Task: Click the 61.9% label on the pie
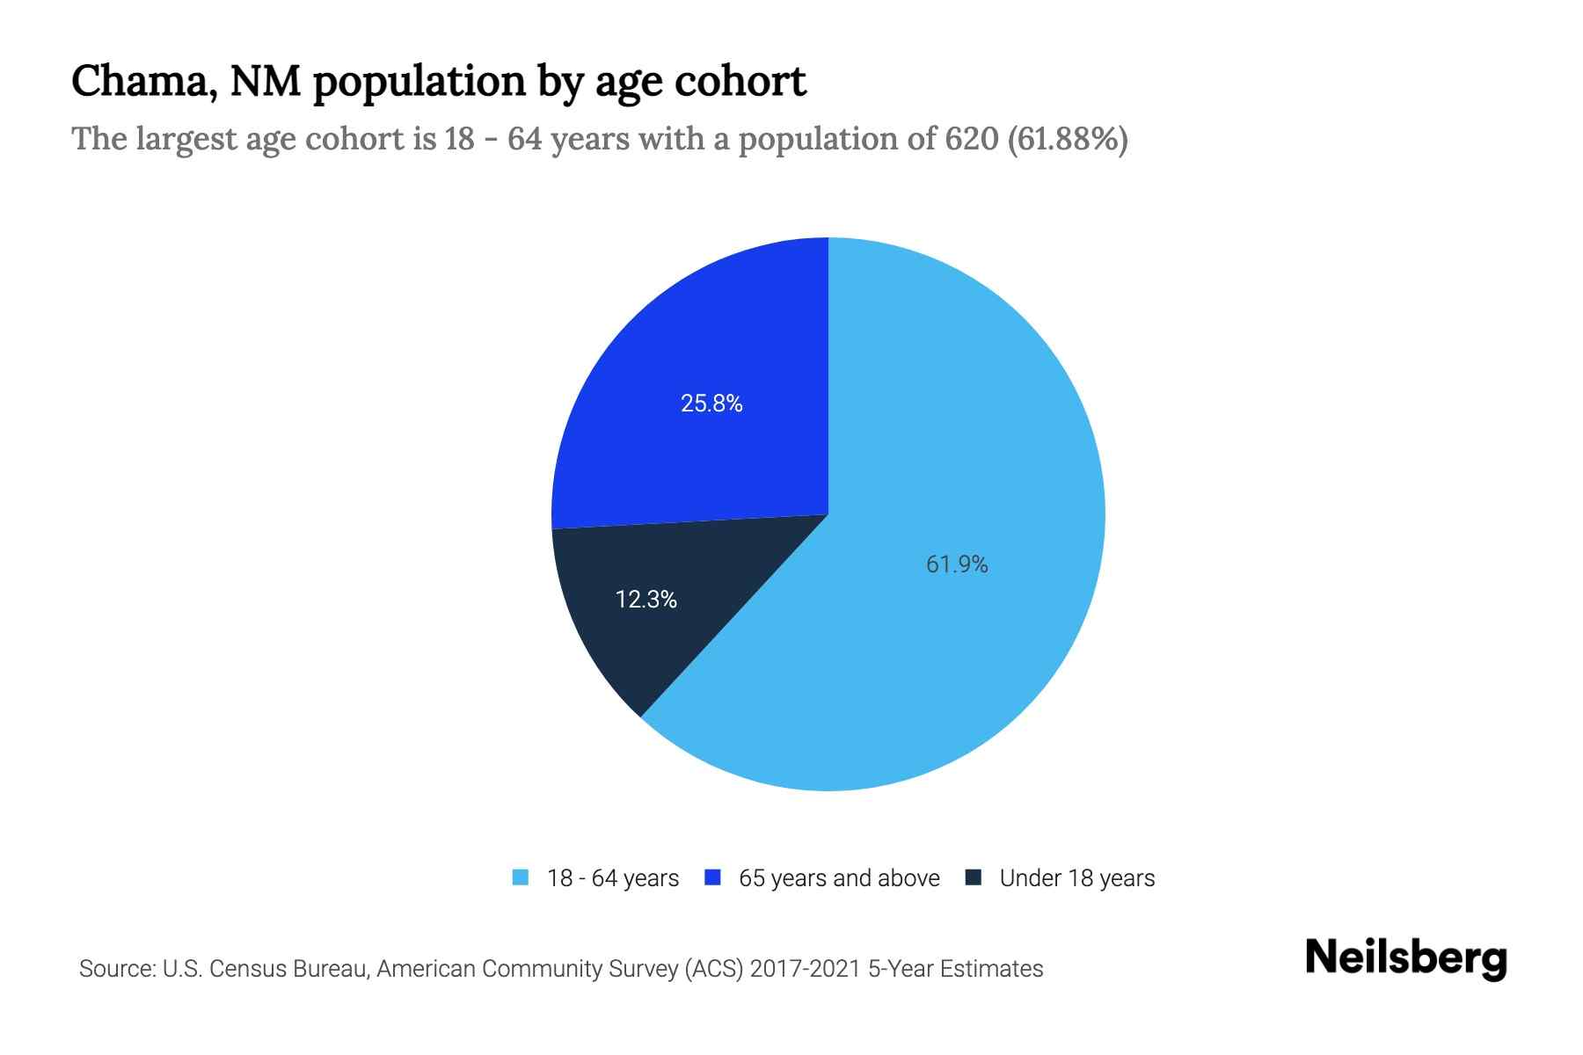click(957, 564)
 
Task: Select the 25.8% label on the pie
click(711, 404)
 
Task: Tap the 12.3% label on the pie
click(646, 600)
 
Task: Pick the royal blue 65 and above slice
click(704, 352)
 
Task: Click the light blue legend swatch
click(521, 877)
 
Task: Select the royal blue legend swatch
click(713, 877)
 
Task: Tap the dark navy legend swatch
click(974, 877)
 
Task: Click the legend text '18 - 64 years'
click(613, 878)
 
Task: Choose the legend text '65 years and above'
click(839, 878)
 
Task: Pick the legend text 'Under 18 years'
click(1077, 878)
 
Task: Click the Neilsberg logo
click(1405, 958)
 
